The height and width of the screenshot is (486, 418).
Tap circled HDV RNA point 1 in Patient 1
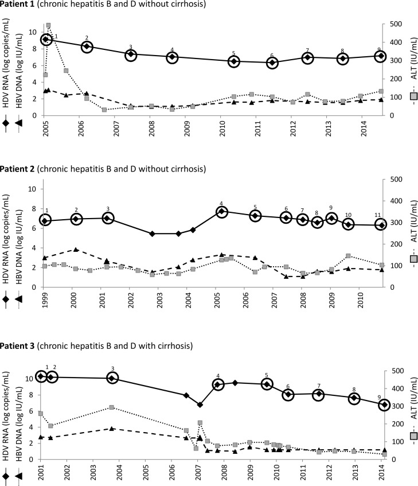click(x=47, y=40)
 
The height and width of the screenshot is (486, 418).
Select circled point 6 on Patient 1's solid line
click(x=272, y=63)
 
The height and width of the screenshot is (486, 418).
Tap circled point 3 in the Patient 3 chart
click(x=112, y=378)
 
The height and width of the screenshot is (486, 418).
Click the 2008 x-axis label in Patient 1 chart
click(x=151, y=128)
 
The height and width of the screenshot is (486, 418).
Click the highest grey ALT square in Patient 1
click(x=48, y=25)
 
